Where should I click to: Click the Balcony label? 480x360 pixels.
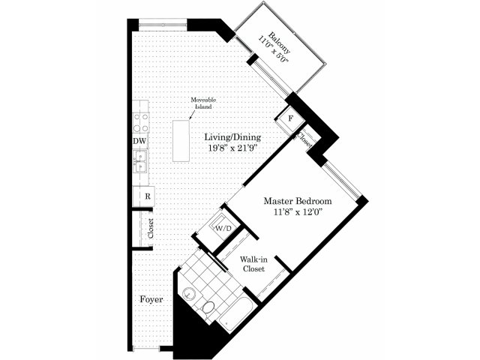pyautogui.click(x=279, y=43)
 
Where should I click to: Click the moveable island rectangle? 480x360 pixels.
pyautogui.click(x=181, y=141)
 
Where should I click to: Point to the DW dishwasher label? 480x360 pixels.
pyautogui.click(x=140, y=142)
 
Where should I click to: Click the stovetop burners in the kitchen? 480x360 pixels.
pyautogui.click(x=141, y=122)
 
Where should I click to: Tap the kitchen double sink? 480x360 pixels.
pyautogui.click(x=140, y=161)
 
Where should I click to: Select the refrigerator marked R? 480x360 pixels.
pyautogui.click(x=144, y=196)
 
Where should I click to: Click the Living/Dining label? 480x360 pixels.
pyautogui.click(x=232, y=136)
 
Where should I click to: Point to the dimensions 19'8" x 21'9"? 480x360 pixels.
pyautogui.click(x=232, y=148)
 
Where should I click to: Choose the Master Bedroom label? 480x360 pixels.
pyautogui.click(x=298, y=201)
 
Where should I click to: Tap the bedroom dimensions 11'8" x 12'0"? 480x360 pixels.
pyautogui.click(x=298, y=211)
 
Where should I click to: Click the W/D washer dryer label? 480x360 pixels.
pyautogui.click(x=223, y=228)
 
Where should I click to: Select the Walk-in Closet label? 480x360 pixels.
pyautogui.click(x=253, y=264)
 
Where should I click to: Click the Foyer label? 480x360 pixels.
pyautogui.click(x=151, y=299)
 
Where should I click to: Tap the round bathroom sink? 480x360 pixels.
pyautogui.click(x=190, y=294)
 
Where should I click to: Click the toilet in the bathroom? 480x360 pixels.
pyautogui.click(x=208, y=308)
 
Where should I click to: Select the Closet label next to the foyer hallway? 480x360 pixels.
pyautogui.click(x=150, y=228)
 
